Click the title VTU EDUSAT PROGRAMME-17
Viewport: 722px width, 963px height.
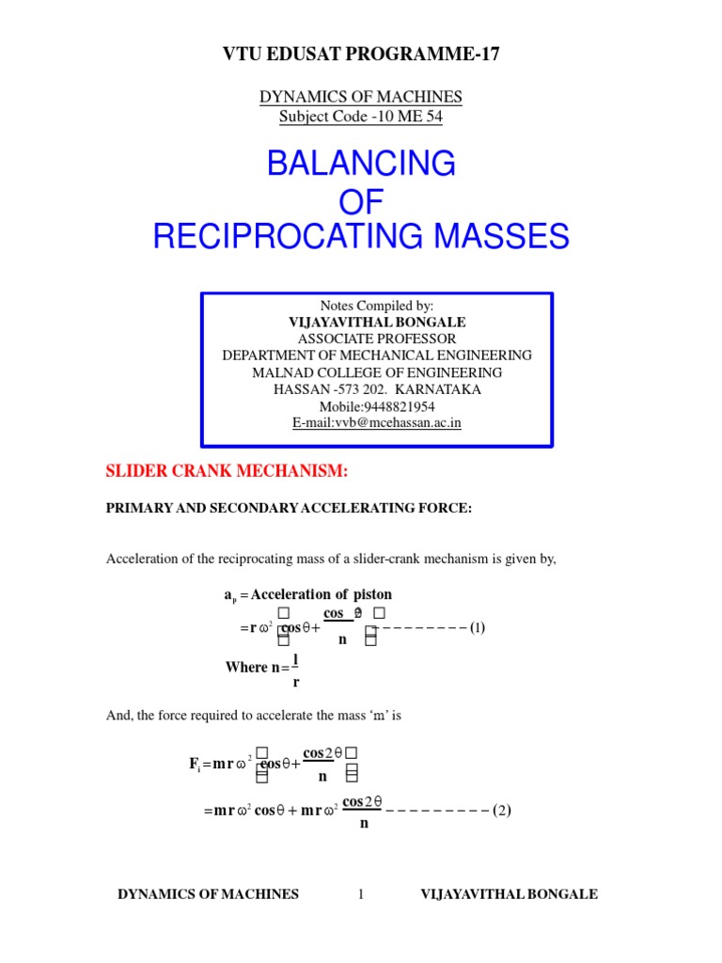[x=361, y=54]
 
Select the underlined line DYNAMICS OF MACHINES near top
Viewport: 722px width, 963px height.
[x=361, y=98]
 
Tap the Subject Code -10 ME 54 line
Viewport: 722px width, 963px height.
[x=361, y=117]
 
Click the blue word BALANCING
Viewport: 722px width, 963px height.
[x=361, y=164]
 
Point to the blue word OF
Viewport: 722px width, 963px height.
[x=361, y=200]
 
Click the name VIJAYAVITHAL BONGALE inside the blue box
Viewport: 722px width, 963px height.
[x=377, y=322]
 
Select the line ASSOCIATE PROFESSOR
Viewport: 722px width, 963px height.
[x=377, y=339]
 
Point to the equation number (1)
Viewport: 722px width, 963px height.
[x=478, y=627]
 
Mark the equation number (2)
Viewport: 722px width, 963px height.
[x=502, y=810]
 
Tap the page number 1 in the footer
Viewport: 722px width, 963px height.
[x=360, y=894]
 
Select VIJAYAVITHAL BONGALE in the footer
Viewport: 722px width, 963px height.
[x=509, y=894]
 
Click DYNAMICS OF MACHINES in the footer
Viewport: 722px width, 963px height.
[x=208, y=894]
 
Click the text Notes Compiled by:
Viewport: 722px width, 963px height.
[x=377, y=306]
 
